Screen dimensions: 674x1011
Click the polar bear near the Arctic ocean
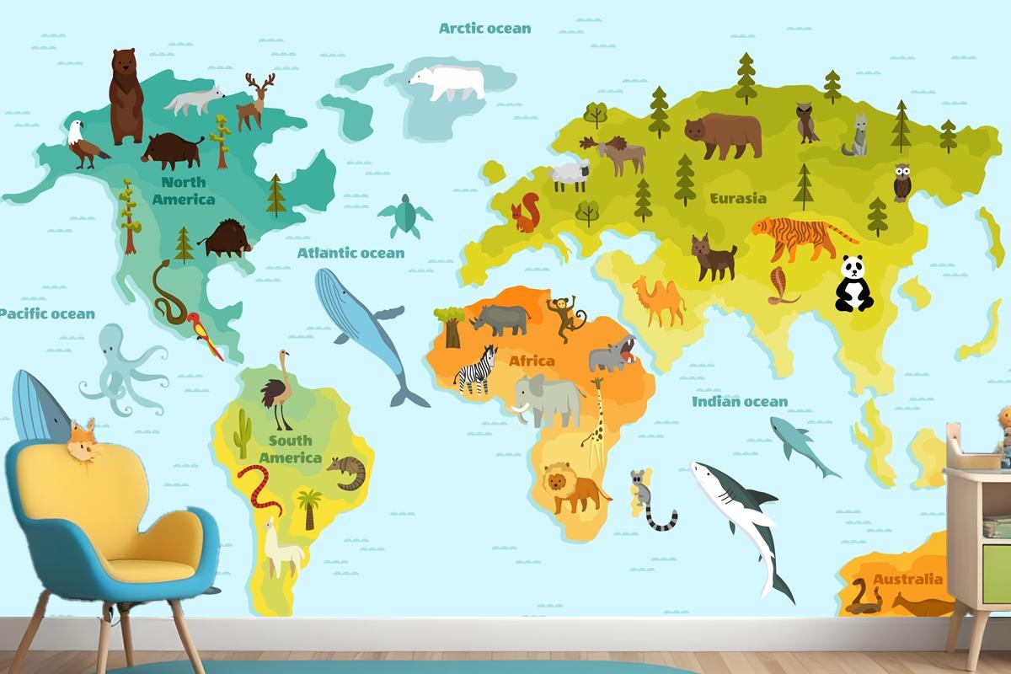pos(447,82)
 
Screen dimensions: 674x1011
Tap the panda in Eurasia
pos(853,284)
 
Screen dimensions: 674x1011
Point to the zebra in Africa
pos(474,369)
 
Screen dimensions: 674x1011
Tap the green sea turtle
pos(405,216)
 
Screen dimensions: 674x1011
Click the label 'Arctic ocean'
pos(485,28)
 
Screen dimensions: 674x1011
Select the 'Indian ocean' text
pos(740,402)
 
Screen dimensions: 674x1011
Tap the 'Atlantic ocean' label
pos(350,252)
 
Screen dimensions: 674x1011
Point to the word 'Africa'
pos(532,361)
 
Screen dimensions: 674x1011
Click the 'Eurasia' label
pos(738,199)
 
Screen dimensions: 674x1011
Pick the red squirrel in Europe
pos(527,213)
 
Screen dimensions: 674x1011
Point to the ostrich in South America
pos(275,392)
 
